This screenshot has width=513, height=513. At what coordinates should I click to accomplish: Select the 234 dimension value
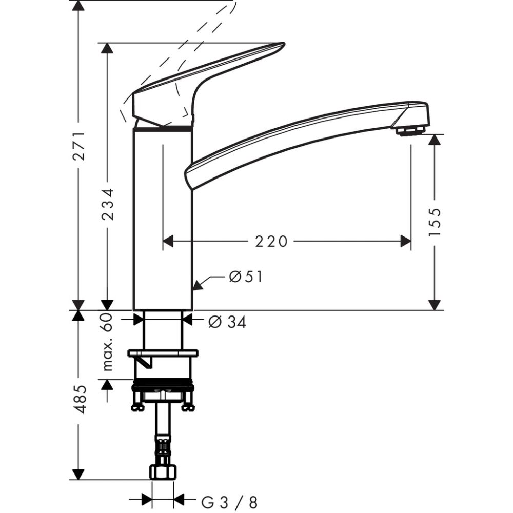pos(107,204)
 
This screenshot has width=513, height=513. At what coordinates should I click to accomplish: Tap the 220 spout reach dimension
pos(271,241)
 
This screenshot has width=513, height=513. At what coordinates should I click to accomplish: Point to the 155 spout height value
pos(435,222)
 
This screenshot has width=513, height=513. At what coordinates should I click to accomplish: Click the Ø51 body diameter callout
pos(245,277)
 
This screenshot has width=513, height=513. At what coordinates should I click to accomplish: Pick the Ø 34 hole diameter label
pos(227,322)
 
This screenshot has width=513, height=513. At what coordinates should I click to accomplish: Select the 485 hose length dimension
pos(78,399)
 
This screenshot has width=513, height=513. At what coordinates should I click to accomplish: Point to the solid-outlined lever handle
pos(205,82)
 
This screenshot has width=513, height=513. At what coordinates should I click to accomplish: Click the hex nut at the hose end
pos(163,471)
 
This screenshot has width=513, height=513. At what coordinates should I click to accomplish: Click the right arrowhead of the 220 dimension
pos(406,241)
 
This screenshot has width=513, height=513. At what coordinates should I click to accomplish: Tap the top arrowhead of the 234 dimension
pos(107,48)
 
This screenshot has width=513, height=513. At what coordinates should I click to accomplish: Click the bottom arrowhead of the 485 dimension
pos(78,474)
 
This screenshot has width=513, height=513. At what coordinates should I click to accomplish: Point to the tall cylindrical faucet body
pos(163,221)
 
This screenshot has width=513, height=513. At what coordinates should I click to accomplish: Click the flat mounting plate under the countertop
pos(163,353)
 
